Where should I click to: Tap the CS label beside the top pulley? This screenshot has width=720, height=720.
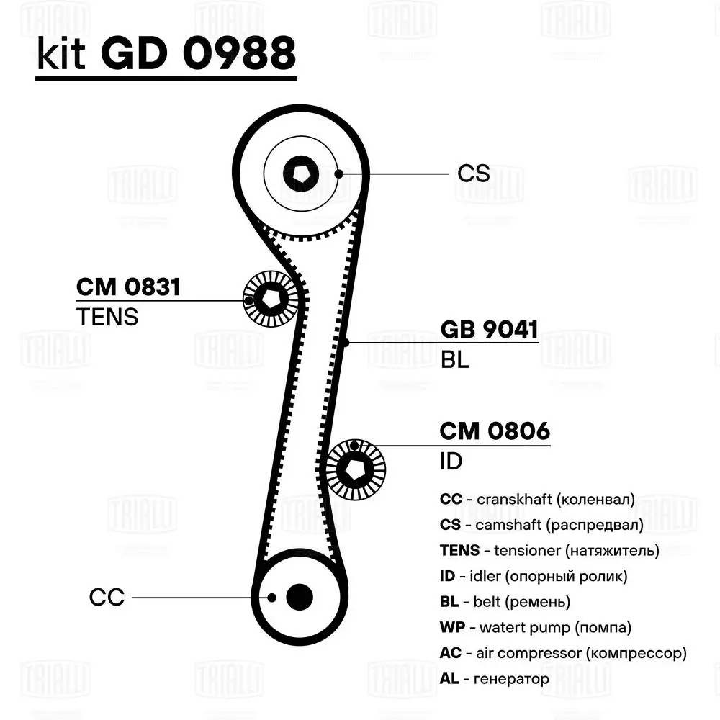pyautogui.click(x=473, y=174)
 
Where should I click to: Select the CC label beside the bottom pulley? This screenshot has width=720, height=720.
pyautogui.click(x=107, y=597)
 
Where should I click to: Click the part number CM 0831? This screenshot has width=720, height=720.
pyautogui.click(x=128, y=287)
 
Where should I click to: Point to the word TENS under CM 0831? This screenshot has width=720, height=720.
pyautogui.click(x=107, y=317)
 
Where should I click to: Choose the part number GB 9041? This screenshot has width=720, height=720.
pyautogui.click(x=489, y=330)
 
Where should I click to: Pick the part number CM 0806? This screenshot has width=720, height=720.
pyautogui.click(x=495, y=431)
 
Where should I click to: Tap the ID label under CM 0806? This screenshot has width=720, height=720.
pyautogui.click(x=451, y=462)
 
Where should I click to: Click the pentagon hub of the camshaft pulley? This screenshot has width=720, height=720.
pyautogui.click(x=300, y=173)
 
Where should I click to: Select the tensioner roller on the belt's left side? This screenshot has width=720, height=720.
pyautogui.click(x=271, y=299)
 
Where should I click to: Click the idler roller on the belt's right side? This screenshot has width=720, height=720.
pyautogui.click(x=356, y=469)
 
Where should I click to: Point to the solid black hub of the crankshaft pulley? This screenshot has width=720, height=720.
pyautogui.click(x=300, y=596)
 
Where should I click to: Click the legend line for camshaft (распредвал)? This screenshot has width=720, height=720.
pyautogui.click(x=541, y=525)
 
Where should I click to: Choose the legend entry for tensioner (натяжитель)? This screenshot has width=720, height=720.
pyautogui.click(x=549, y=551)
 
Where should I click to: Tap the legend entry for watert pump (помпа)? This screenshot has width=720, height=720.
pyautogui.click(x=535, y=627)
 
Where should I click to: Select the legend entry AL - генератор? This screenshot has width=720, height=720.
pyautogui.click(x=494, y=678)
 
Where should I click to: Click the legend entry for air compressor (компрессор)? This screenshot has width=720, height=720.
pyautogui.click(x=562, y=653)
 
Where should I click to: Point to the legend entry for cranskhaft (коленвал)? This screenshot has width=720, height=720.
pyautogui.click(x=537, y=499)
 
